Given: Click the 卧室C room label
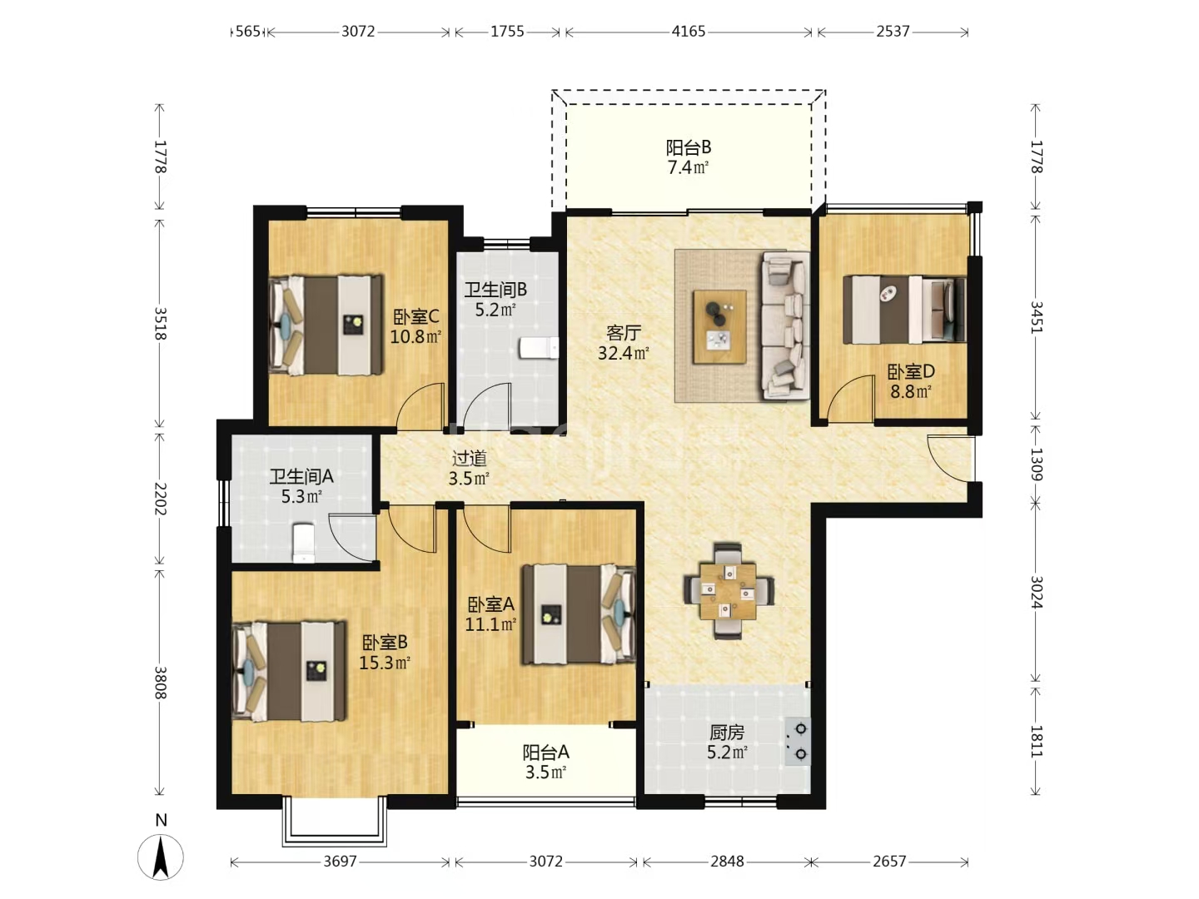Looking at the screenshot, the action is click(x=415, y=316).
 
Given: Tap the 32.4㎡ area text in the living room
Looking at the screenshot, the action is click(x=624, y=353).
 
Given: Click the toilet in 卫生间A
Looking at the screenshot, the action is click(x=304, y=543).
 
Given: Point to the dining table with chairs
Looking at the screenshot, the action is click(x=729, y=591).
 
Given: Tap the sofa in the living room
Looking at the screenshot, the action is click(x=785, y=325).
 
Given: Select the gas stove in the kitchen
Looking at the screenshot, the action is click(x=798, y=741).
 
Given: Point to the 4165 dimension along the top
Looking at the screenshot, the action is click(x=689, y=32).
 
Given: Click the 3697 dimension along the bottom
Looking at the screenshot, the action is click(x=340, y=862).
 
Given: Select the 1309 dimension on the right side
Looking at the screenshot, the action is click(x=1036, y=464).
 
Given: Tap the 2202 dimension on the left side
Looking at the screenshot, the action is click(x=160, y=499).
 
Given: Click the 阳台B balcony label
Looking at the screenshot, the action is click(x=689, y=147).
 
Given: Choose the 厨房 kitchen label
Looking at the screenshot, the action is click(x=727, y=733).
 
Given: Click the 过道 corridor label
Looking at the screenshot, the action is click(x=470, y=458).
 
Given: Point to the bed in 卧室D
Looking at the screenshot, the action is click(x=904, y=310).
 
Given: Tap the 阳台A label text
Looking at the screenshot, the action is click(x=545, y=752).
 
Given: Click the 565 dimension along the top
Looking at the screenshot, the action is click(x=248, y=32).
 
